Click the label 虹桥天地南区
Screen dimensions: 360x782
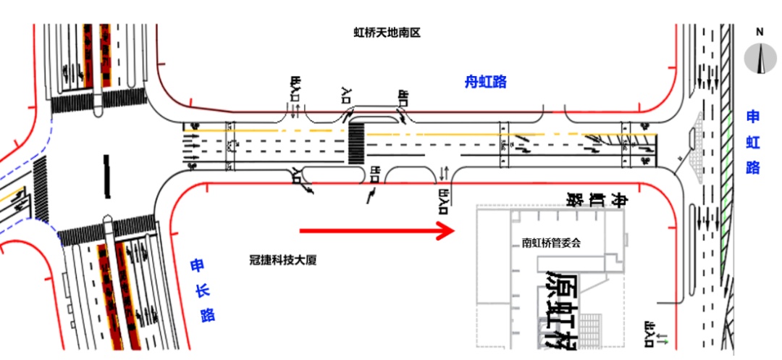pyautogui.click(x=387, y=33)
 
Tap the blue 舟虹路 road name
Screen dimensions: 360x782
pyautogui.click(x=485, y=82)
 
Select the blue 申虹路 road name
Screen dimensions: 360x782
pyautogui.click(x=753, y=142)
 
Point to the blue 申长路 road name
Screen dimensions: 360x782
pyautogui.click(x=200, y=290)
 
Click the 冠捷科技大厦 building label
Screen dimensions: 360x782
pyautogui.click(x=282, y=260)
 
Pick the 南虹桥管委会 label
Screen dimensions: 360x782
pyautogui.click(x=551, y=243)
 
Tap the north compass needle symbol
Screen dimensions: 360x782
pyautogui.click(x=760, y=58)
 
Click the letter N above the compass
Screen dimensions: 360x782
pyautogui.click(x=760, y=32)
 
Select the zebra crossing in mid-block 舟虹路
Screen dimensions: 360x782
pyautogui.click(x=356, y=142)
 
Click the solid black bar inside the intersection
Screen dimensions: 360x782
pyautogui.click(x=107, y=176)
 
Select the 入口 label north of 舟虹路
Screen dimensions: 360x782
pyautogui.click(x=345, y=93)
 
